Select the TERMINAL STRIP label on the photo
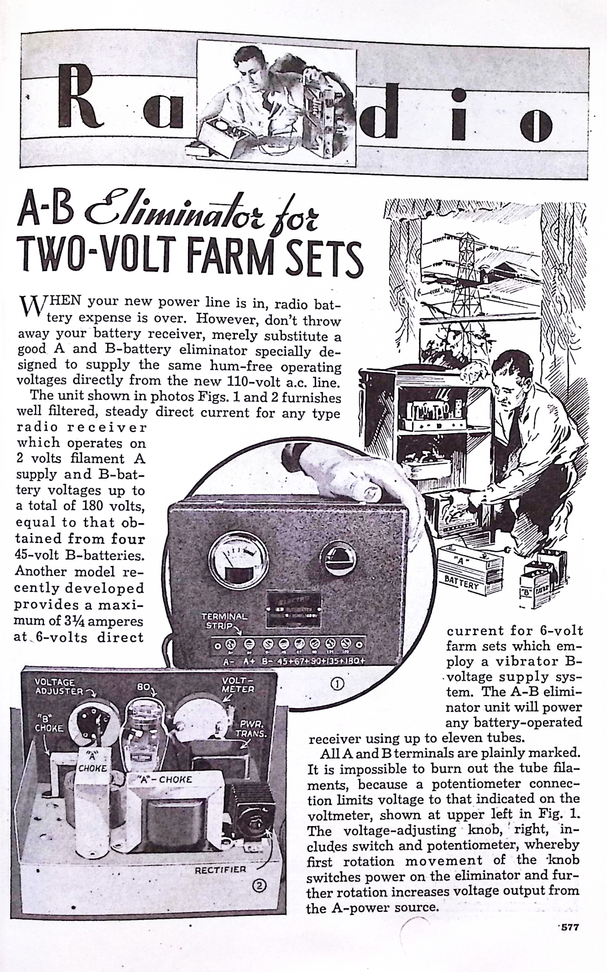[224, 621]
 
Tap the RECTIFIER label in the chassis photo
[220, 870]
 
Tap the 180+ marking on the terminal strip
[354, 660]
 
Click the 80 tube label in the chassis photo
[143, 687]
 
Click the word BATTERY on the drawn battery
[461, 581]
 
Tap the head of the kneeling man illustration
[508, 379]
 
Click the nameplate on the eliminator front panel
[294, 608]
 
